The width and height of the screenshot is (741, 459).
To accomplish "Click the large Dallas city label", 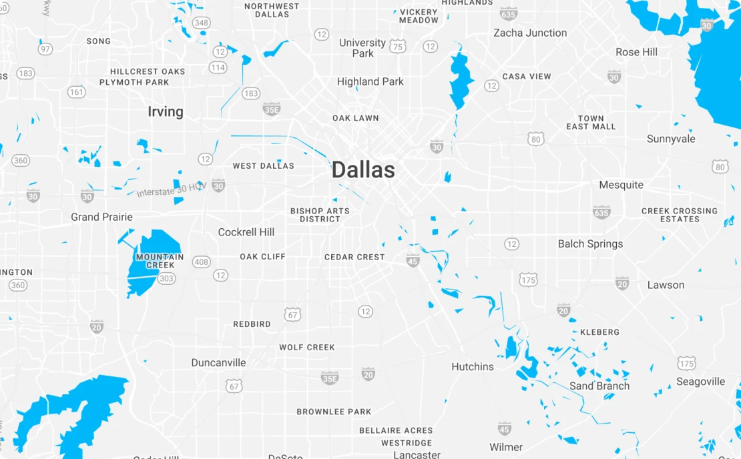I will click(363, 170).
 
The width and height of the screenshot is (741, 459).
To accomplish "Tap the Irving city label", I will click(166, 111).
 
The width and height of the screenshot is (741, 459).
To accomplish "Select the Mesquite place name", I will click(621, 185).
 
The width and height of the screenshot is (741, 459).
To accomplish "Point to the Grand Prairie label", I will click(101, 217).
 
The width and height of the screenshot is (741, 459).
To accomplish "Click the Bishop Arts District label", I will click(320, 215).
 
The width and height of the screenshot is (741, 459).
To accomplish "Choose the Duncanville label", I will click(218, 363).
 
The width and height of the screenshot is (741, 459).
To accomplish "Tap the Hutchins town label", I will click(473, 366).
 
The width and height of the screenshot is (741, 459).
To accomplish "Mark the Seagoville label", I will click(700, 382).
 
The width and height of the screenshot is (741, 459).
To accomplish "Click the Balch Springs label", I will click(590, 244).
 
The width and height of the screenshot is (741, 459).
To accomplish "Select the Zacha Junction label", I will click(530, 33).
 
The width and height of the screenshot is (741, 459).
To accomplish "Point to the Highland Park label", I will click(370, 81).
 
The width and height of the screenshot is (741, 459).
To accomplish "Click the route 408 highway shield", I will click(202, 262).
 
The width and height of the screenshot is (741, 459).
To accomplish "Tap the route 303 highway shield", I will click(167, 278).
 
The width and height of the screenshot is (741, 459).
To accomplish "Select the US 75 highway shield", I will click(398, 46).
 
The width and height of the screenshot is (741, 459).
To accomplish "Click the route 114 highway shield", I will click(218, 67).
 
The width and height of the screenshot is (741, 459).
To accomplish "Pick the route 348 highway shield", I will click(201, 23).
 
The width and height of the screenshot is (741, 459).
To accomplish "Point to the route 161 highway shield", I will click(77, 92).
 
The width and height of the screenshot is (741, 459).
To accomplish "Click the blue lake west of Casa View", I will click(460, 80).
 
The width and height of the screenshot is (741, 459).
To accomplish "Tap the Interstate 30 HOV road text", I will click(170, 190).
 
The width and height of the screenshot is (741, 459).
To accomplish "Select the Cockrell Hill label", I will click(246, 232).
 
